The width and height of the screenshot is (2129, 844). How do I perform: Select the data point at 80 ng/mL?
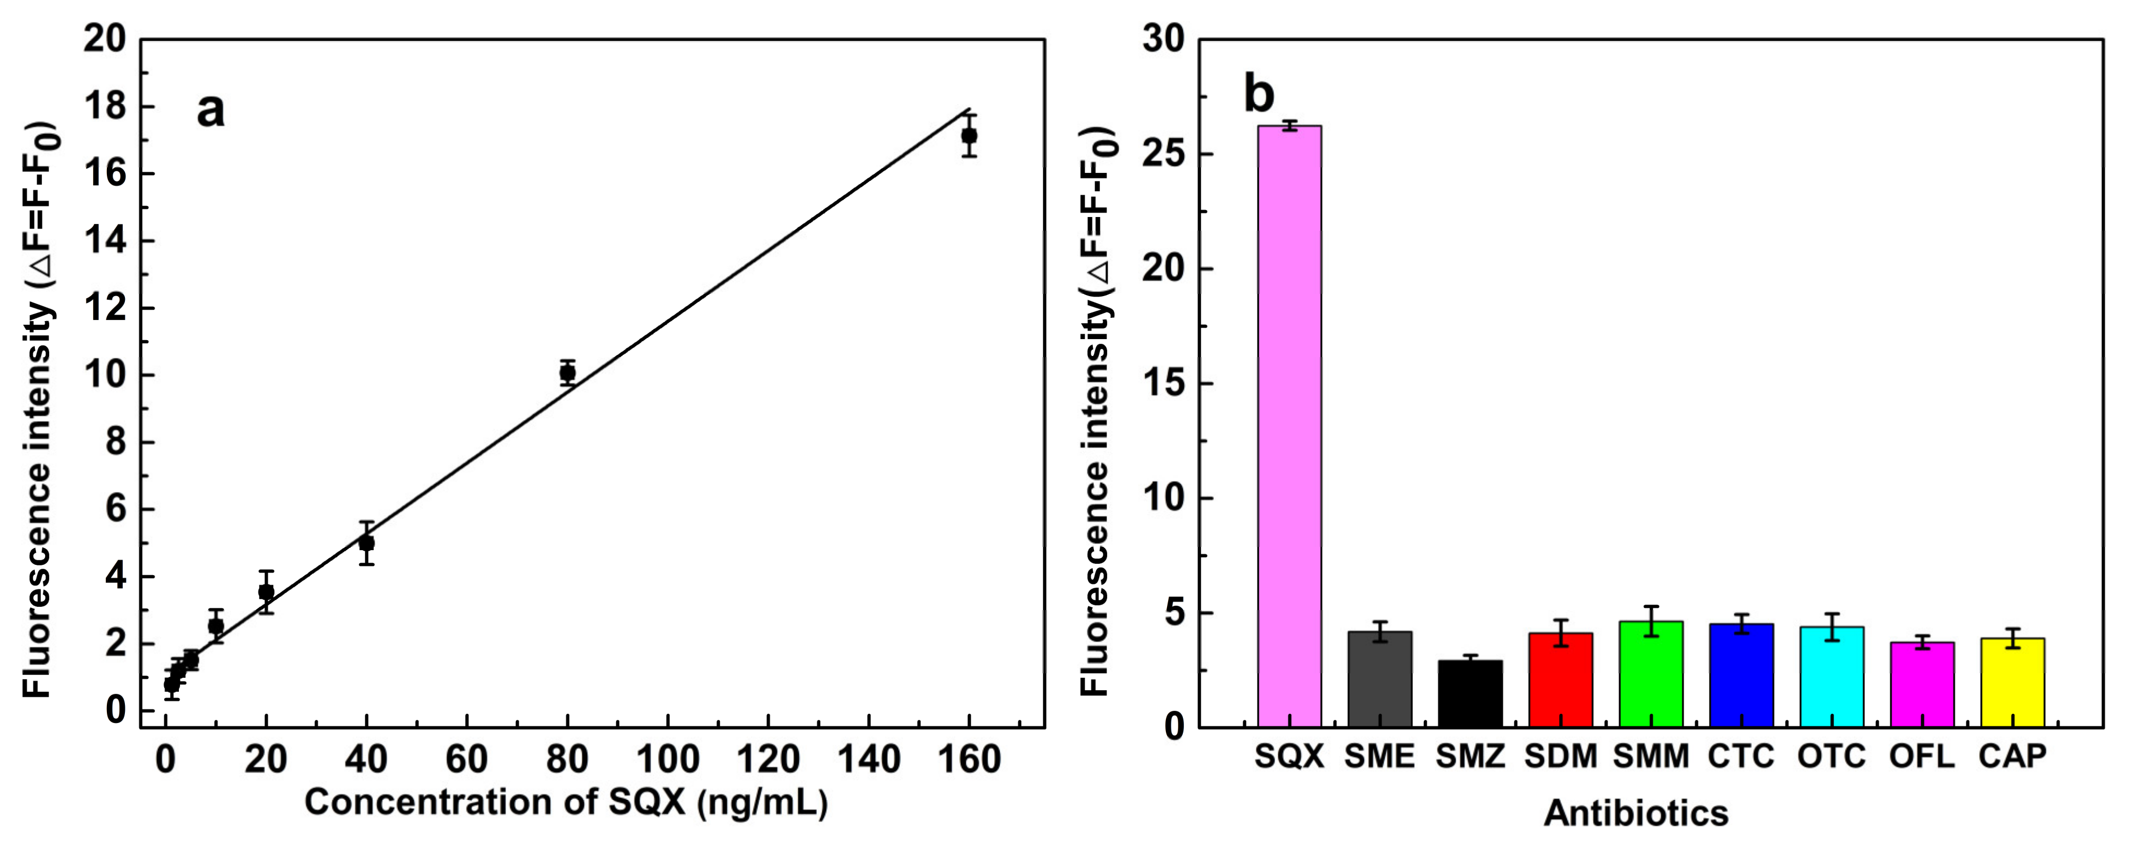pos(567,373)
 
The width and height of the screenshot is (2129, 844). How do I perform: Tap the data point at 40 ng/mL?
pos(366,543)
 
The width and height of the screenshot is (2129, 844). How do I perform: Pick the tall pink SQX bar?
pos(1289,426)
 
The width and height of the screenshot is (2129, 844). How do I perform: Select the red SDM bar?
pos(1560,679)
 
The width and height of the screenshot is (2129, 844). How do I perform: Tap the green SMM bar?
pos(1651,674)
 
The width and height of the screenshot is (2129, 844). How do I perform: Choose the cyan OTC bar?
pos(1831,676)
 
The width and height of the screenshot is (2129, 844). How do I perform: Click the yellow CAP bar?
pos(2012,682)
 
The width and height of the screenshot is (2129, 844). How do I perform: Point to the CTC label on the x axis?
pos(1741,756)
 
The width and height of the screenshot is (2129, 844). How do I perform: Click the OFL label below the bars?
pos(1922,756)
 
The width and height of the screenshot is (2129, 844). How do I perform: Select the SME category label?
pos(1379,756)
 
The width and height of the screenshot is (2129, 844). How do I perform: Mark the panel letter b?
pos(1259,95)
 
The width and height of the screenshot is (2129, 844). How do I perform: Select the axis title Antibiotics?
pos(1635,813)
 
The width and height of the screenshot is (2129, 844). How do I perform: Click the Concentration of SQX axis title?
pos(566,802)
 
